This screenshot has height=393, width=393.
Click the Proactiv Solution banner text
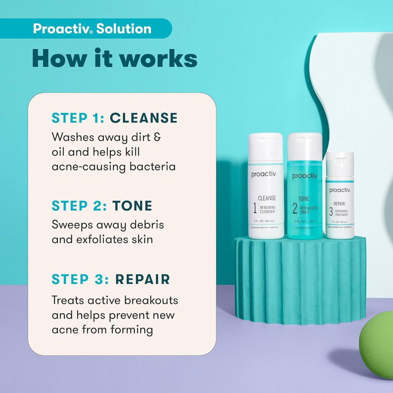[92, 29]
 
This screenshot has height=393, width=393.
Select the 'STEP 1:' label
[78, 118]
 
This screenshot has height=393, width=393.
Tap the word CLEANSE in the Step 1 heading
[144, 118]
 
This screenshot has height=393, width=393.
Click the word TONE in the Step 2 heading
[132, 206]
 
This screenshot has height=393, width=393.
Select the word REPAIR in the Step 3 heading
[142, 279]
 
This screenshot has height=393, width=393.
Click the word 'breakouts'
[148, 300]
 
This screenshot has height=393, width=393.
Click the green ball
[377, 350]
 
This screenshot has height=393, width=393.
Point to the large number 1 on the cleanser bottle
[254, 208]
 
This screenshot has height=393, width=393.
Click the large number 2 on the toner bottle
[295, 208]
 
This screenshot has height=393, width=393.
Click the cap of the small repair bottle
[340, 163]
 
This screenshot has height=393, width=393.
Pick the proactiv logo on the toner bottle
[305, 176]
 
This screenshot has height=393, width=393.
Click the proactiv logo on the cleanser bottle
[264, 175]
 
